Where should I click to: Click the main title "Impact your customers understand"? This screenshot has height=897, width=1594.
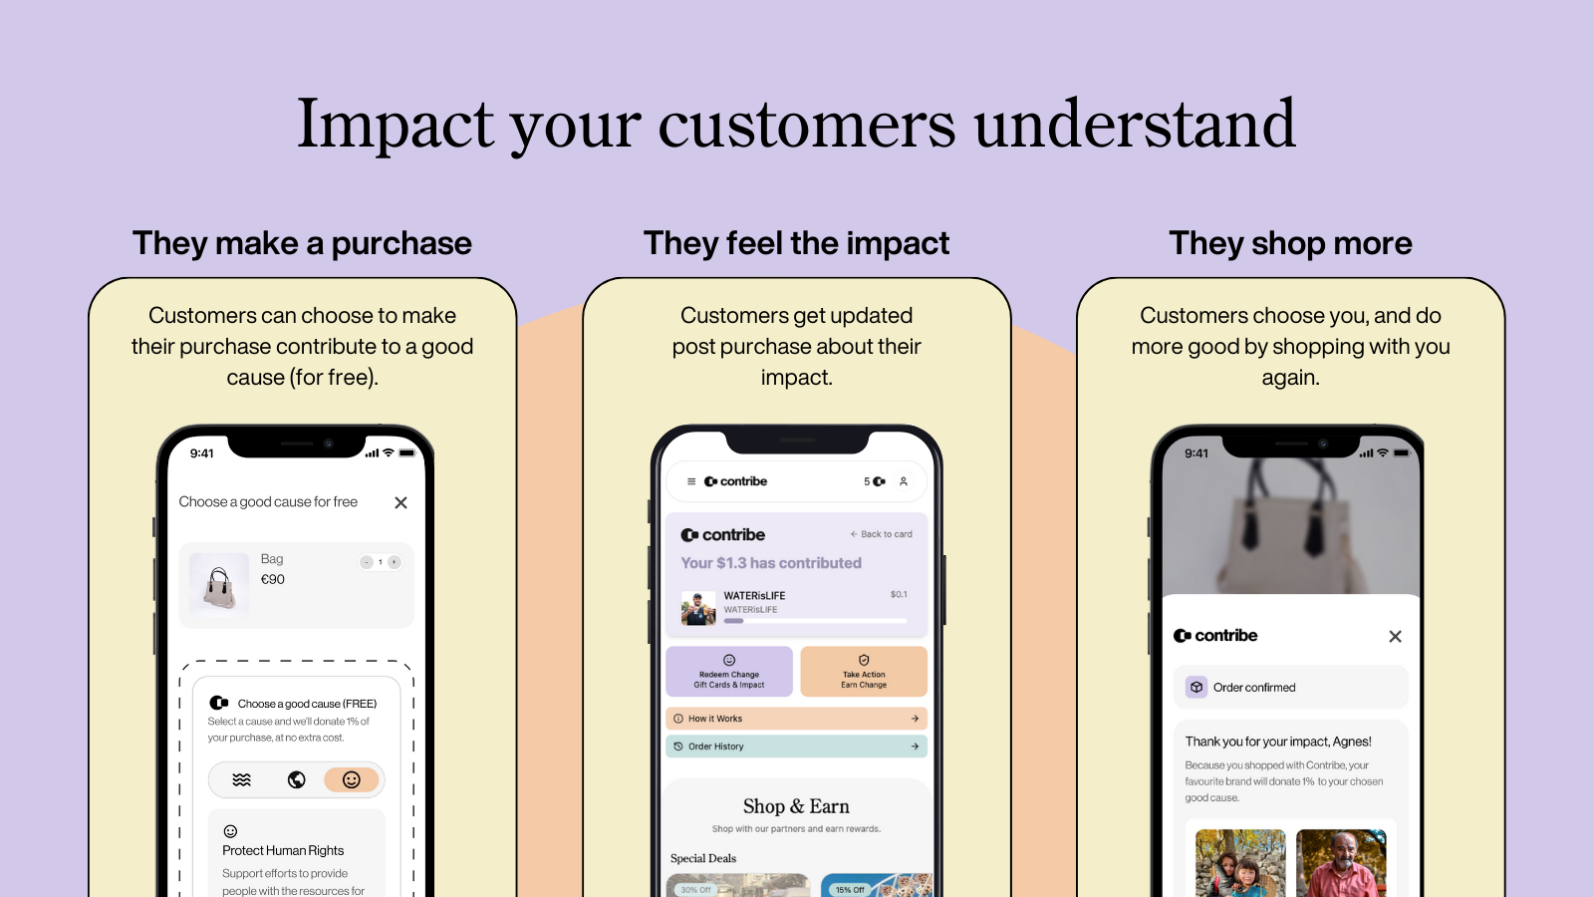796,125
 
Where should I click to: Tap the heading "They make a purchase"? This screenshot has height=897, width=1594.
302,243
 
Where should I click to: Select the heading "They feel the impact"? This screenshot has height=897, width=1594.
796,243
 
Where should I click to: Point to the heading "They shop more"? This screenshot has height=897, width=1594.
1290,243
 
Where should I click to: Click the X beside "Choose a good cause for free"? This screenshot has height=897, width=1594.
400,502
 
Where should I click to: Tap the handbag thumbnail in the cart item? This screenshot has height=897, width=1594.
219,584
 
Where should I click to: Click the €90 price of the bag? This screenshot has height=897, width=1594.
273,579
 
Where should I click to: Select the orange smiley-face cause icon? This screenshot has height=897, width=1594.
351,779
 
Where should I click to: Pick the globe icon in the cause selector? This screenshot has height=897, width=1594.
297,779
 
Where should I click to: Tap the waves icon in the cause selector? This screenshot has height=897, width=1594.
242,779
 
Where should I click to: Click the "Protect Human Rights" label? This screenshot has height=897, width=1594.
283,850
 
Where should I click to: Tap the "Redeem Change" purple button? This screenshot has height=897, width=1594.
729,672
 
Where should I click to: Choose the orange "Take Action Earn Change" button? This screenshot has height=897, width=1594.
864,672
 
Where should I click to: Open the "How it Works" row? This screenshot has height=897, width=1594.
796,719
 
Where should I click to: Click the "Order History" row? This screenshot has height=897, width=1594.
796,747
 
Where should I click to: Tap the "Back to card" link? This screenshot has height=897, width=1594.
882,534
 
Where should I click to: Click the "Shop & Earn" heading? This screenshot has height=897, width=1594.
796,806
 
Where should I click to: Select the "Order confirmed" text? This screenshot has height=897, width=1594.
1254,688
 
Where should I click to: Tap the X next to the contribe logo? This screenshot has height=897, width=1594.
1395,636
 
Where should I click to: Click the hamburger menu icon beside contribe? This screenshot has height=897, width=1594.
691,481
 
